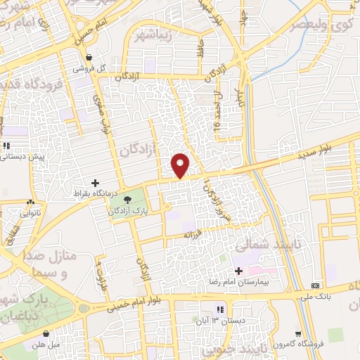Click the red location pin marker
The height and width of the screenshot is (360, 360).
[181, 165]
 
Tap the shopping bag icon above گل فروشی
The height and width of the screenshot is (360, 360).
[89, 58]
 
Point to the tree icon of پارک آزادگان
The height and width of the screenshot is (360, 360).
[127, 200]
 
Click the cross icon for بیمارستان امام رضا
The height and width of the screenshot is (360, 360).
[238, 271]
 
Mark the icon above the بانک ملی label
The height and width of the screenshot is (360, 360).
[315, 285]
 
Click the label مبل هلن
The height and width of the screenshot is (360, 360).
[46, 345]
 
